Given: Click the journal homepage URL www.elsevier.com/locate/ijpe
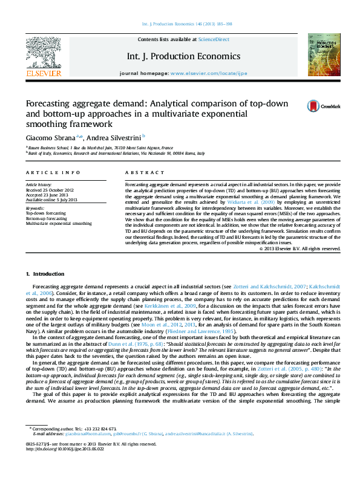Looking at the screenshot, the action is click(x=209, y=73).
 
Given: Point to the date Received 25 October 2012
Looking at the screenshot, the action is click(x=50, y=189).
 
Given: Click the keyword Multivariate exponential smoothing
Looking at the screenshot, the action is click(x=59, y=223).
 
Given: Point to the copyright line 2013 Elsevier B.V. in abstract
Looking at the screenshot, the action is click(x=299, y=248).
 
